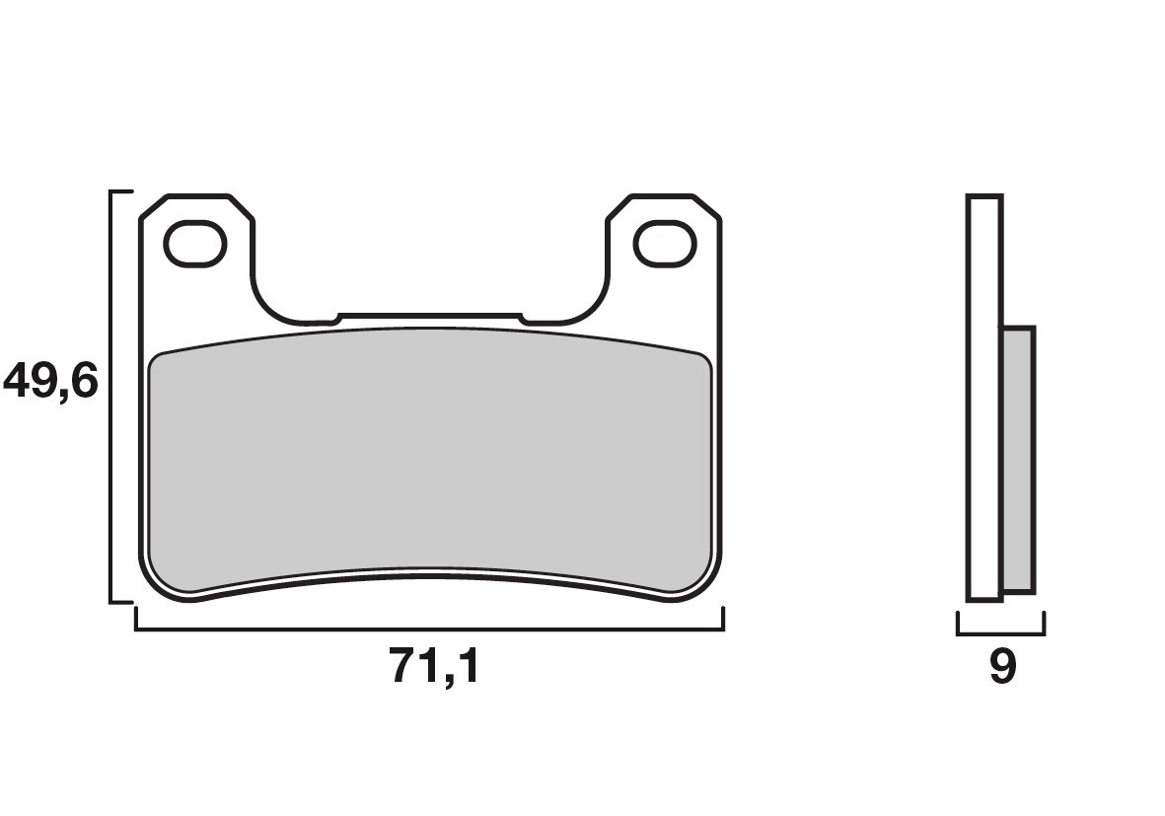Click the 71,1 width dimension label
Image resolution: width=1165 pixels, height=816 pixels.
pos(434,668)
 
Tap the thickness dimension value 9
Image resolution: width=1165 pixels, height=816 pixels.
pos(1001,668)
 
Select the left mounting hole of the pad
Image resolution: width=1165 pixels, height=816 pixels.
pos(195,245)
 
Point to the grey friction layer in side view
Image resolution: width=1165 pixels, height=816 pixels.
pos(1018,459)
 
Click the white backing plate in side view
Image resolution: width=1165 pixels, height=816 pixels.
pos(984,395)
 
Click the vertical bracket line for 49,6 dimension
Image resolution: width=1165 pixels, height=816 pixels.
pos(109,395)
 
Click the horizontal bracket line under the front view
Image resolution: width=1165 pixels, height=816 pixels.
pos(429,629)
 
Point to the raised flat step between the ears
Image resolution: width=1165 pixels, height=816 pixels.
pos(429,317)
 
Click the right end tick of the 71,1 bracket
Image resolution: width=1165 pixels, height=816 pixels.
pos(723,619)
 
